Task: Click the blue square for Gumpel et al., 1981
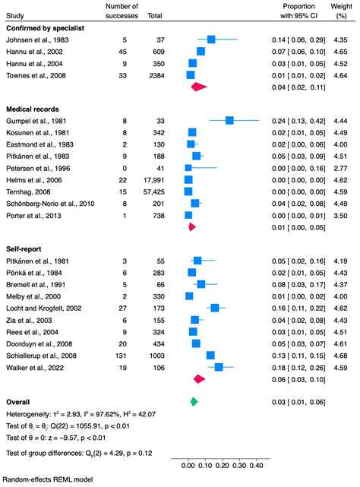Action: [x=229, y=120]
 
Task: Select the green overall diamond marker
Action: [x=194, y=400]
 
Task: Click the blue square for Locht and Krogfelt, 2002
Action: [x=214, y=308]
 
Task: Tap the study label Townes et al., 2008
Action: [x=32, y=76]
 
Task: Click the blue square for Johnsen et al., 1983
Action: [x=211, y=40]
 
